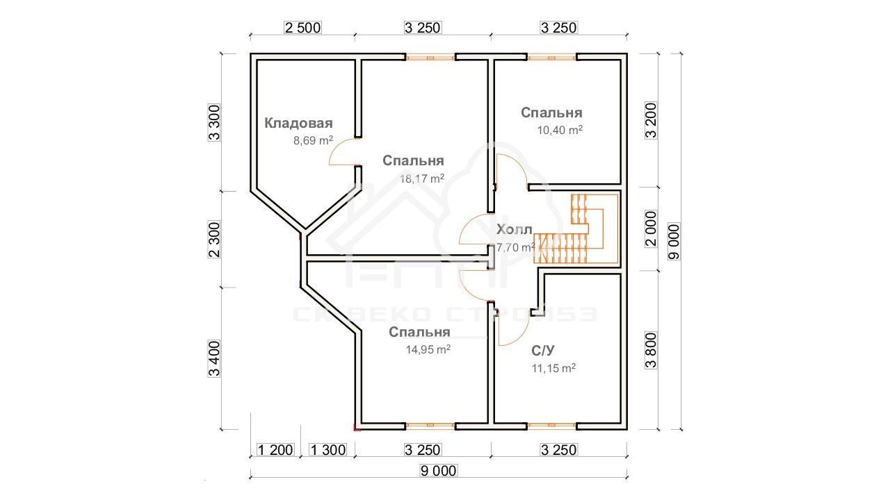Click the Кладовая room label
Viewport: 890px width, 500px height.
298,124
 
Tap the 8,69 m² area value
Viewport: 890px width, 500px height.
313,140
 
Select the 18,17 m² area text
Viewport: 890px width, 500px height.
422,178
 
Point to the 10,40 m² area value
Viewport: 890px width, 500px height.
560,130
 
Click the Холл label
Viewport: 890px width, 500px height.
514,229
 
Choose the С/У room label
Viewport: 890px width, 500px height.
543,351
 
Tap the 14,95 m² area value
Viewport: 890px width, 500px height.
428,349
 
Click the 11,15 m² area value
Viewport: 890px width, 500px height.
554,368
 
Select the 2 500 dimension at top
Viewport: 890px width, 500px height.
302,28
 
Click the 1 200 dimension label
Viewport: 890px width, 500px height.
275,450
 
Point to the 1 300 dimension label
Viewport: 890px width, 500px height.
327,450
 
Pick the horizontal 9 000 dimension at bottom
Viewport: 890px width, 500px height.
439,471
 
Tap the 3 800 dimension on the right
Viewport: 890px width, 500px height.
651,351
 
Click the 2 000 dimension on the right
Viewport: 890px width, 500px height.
651,229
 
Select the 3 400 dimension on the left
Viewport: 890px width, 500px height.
213,358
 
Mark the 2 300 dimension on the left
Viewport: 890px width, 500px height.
213,240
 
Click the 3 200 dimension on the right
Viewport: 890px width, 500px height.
651,120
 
